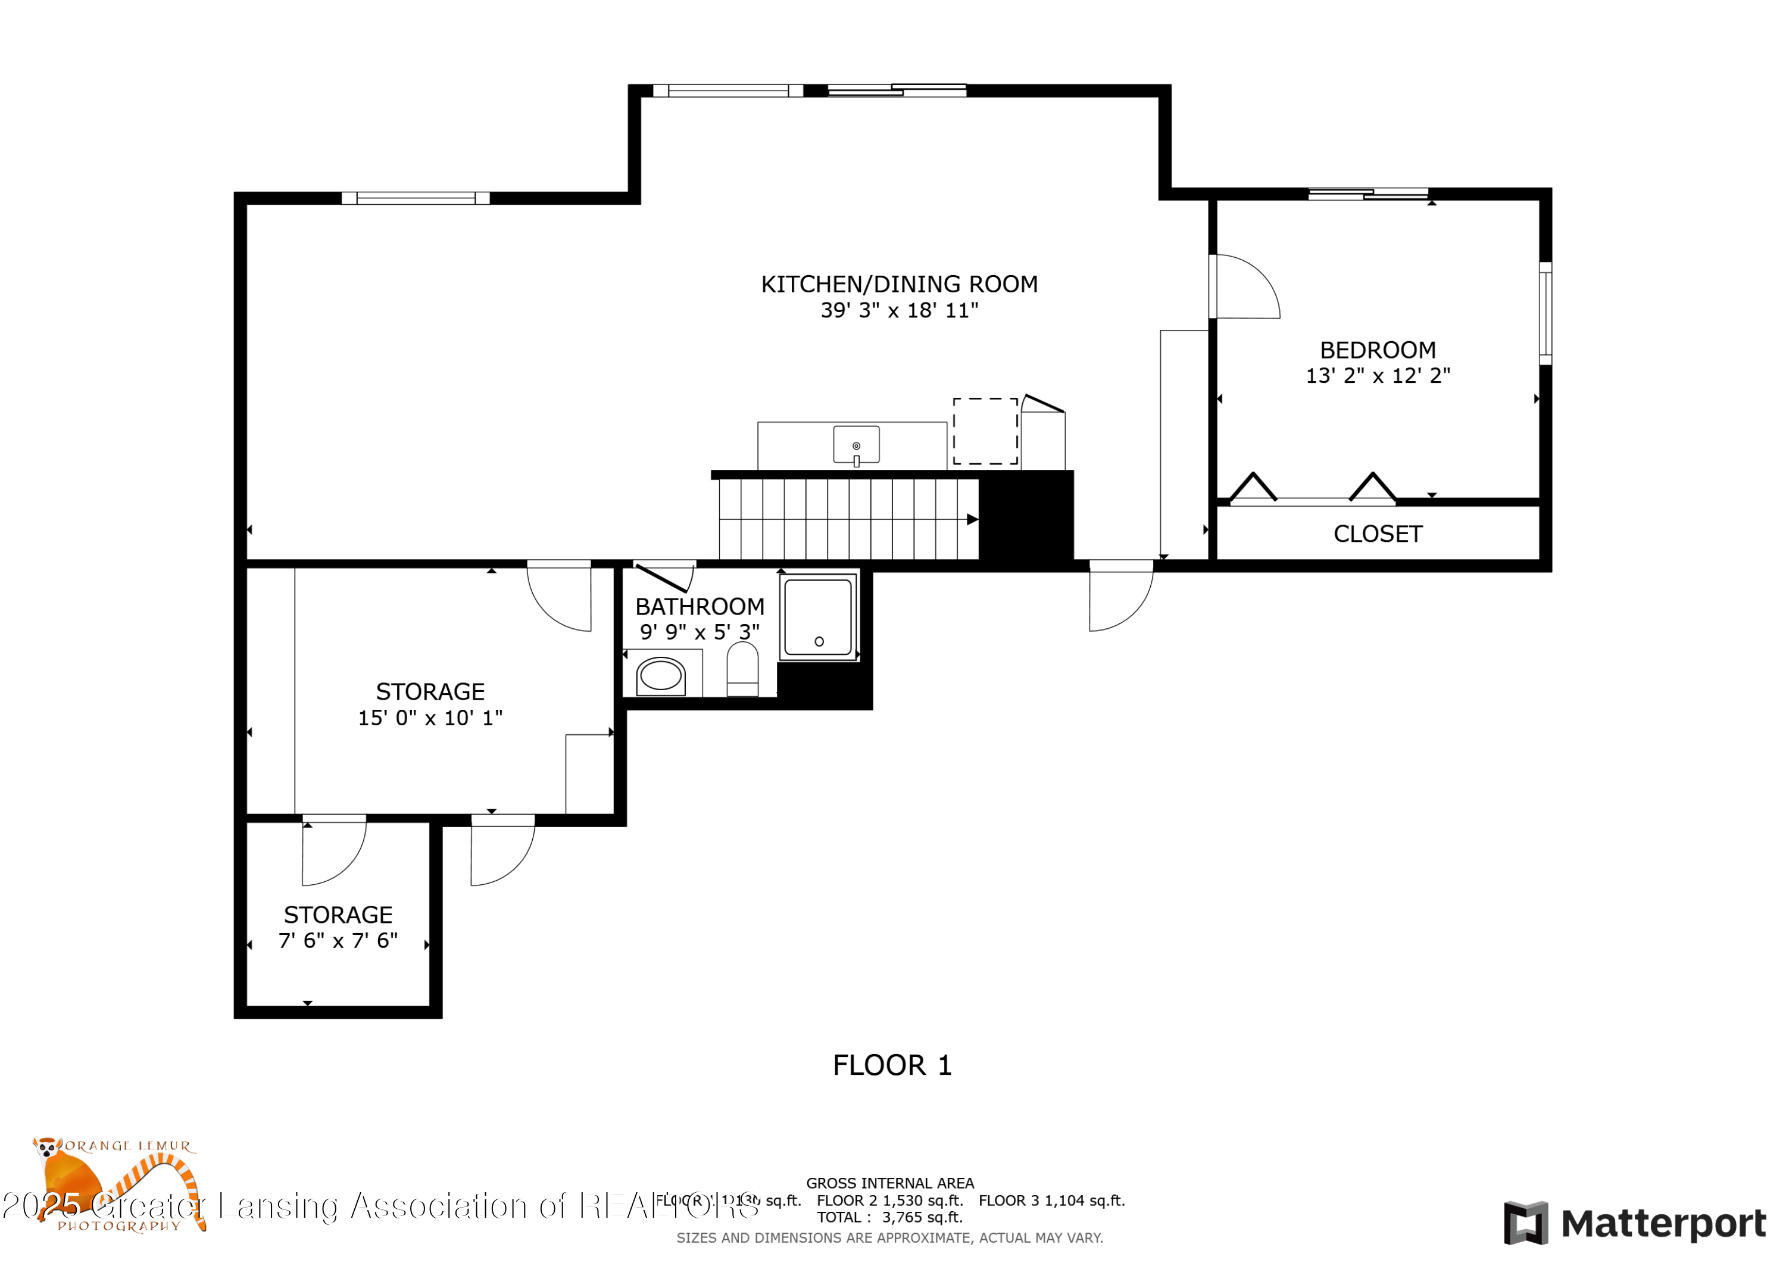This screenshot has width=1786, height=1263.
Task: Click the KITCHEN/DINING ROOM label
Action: click(x=898, y=284)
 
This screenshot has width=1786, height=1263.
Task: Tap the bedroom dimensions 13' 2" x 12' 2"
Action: click(x=1377, y=376)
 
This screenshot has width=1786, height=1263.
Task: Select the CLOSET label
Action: click(x=1377, y=534)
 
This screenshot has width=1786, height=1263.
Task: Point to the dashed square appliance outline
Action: click(x=985, y=431)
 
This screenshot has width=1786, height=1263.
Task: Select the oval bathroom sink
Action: click(x=660, y=675)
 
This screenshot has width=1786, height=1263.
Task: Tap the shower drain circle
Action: click(x=819, y=641)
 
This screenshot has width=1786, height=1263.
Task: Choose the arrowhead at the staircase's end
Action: click(x=972, y=519)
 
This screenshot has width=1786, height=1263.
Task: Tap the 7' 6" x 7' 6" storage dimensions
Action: click(x=338, y=941)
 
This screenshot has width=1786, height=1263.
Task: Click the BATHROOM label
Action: click(x=700, y=606)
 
